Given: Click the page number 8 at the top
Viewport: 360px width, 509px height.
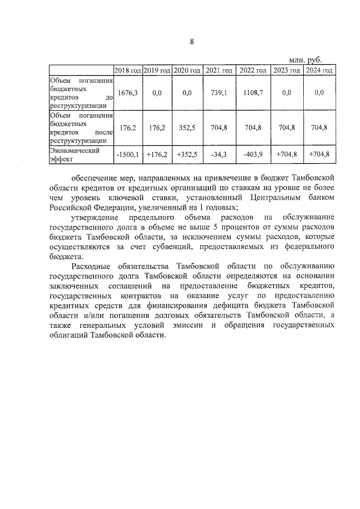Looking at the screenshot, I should coord(191,42).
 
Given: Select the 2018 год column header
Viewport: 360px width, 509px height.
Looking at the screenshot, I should coord(128,70).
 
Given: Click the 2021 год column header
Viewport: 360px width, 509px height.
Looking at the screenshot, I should coord(219,70).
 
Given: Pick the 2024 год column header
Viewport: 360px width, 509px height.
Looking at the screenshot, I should coord(319,70).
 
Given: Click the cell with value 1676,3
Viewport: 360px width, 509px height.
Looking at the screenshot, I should coord(128,93).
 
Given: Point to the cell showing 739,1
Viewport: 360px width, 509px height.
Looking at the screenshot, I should coord(219,93).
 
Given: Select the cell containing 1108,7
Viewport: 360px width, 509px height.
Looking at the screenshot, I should coord(253,93).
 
